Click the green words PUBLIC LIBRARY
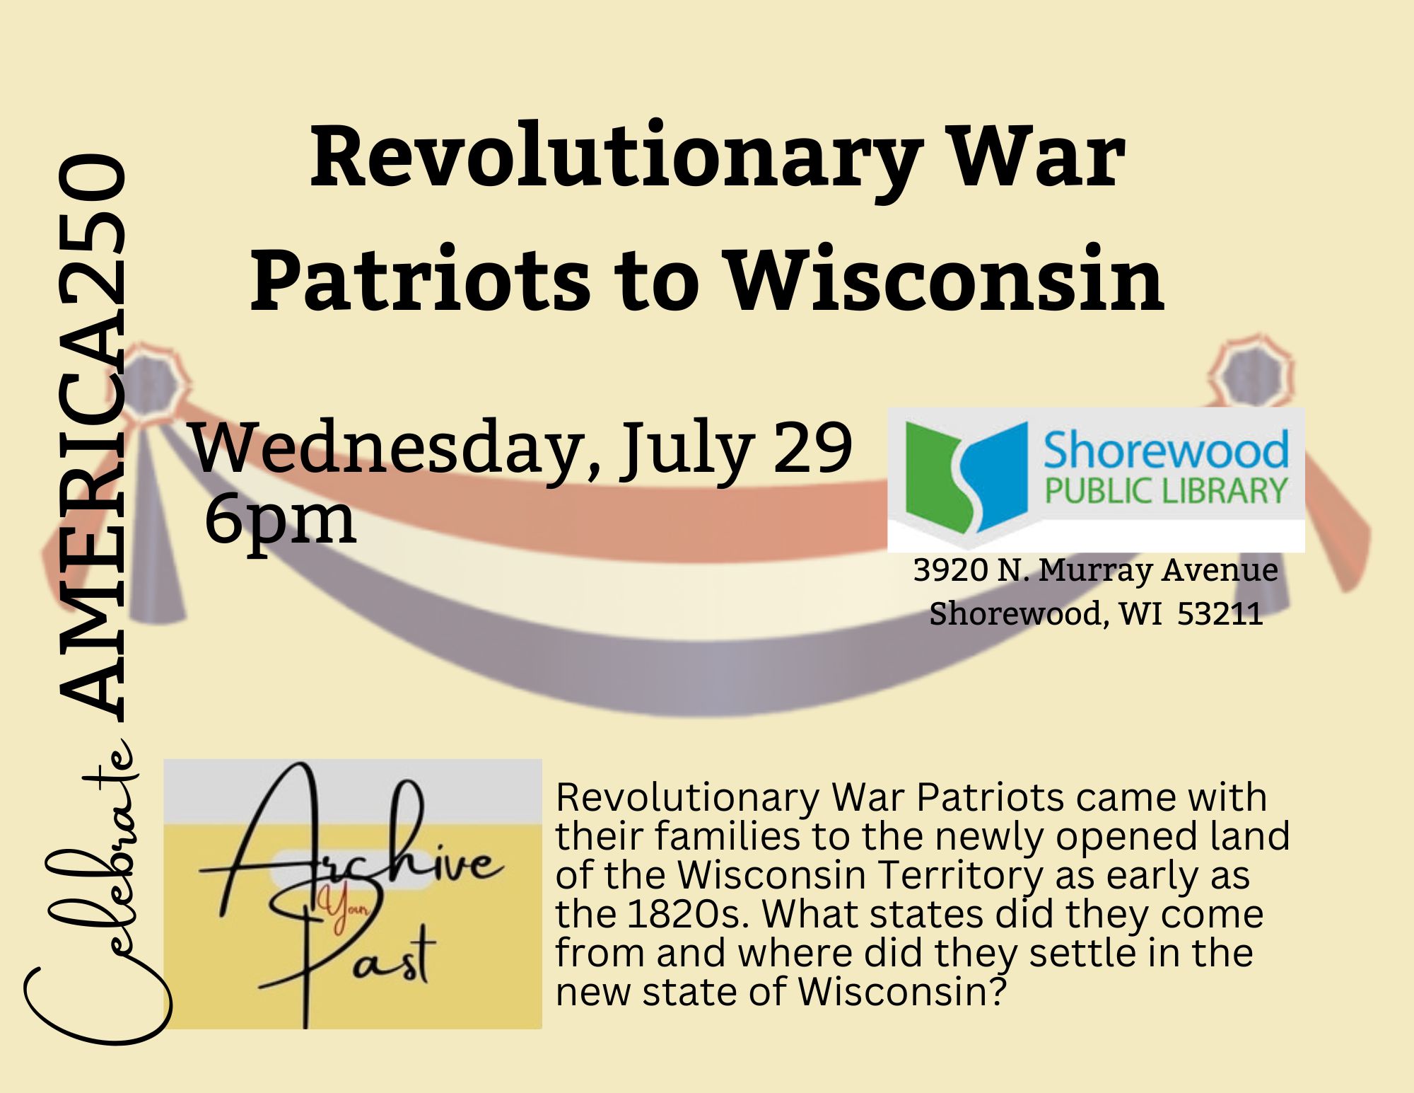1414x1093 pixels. click(x=1166, y=491)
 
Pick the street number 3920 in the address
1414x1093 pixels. click(x=950, y=570)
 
